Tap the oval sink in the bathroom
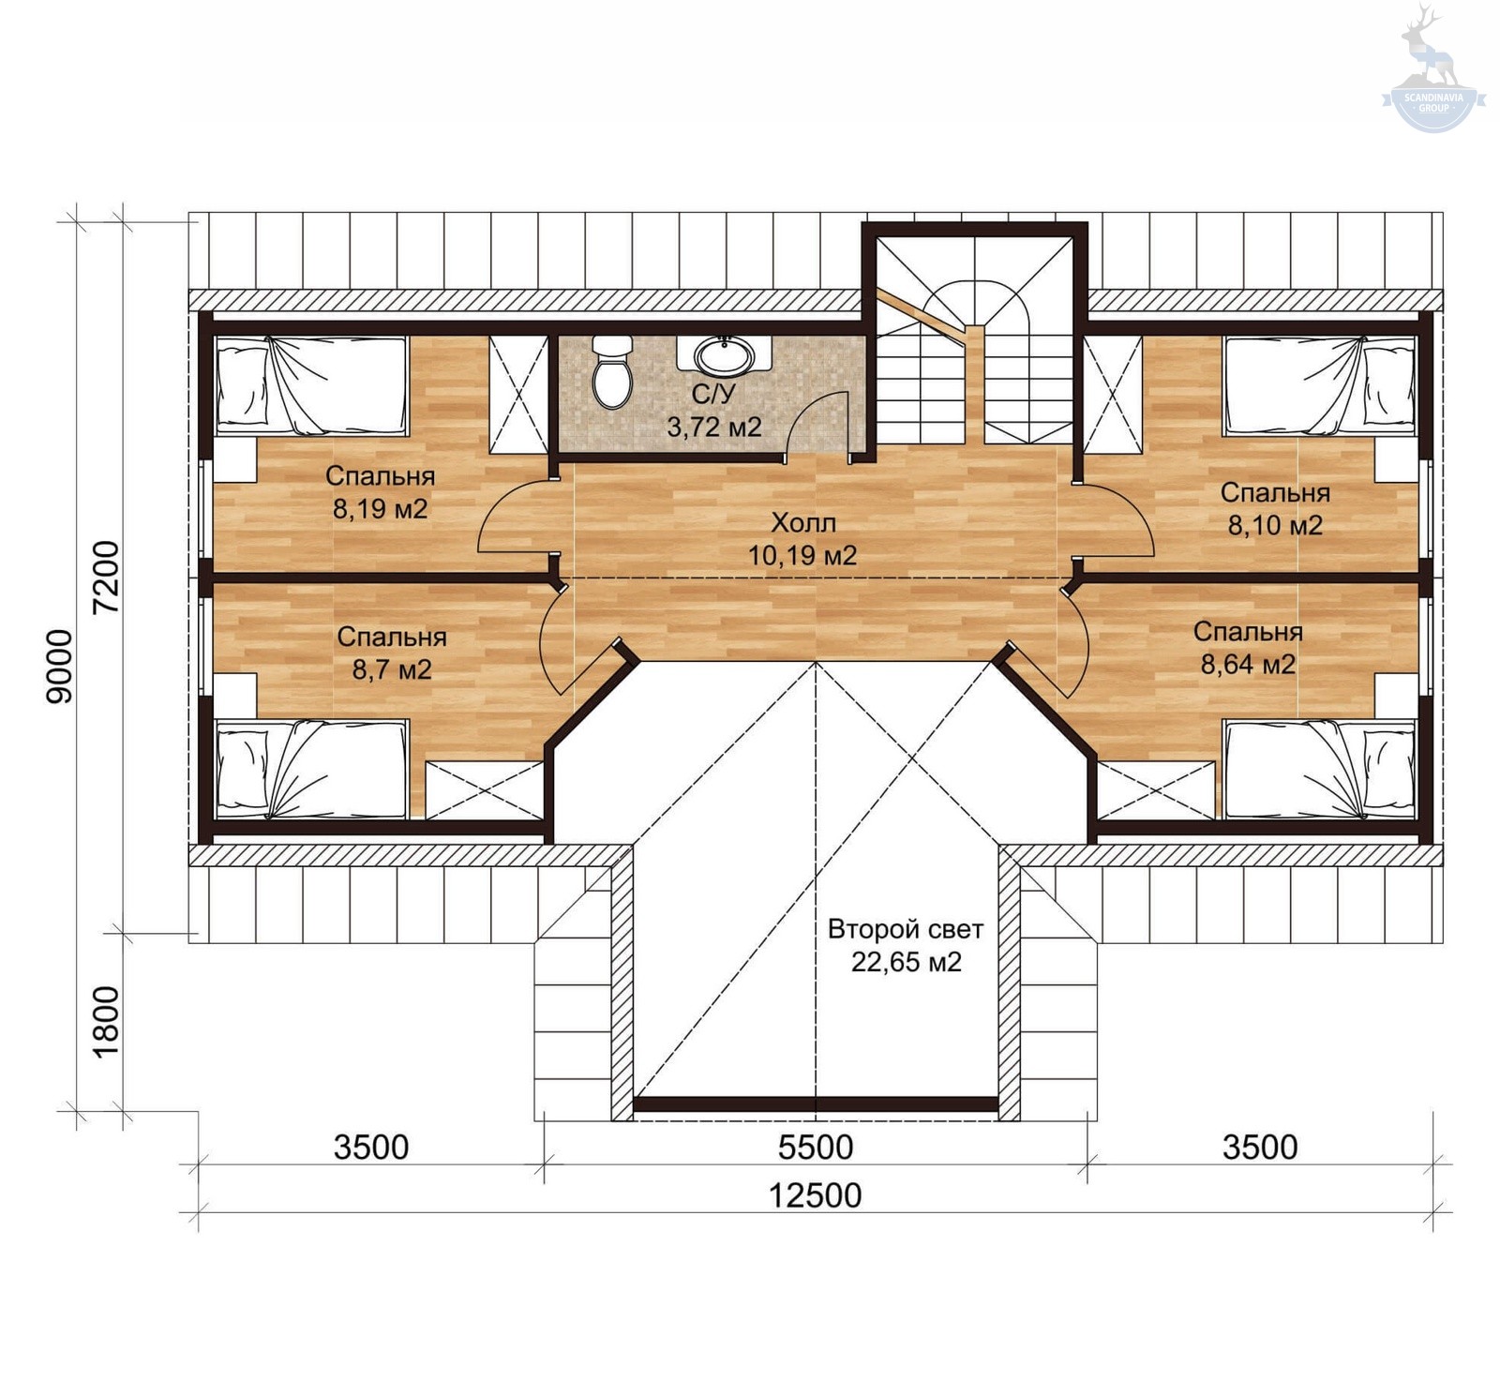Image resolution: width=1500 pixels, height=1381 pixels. click(x=724, y=355)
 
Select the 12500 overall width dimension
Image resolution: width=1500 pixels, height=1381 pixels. click(x=815, y=1195)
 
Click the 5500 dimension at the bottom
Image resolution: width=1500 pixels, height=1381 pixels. click(x=816, y=1147)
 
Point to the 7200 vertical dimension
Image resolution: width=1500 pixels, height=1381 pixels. click(x=106, y=577)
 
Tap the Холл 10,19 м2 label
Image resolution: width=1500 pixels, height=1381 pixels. click(x=802, y=539)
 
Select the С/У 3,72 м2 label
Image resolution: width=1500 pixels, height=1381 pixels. click(x=714, y=411)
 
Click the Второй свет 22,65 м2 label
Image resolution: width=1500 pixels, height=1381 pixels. click(x=906, y=946)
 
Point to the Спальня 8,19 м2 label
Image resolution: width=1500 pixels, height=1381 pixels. click(x=381, y=492)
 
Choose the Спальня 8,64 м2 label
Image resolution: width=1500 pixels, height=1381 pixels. click(x=1248, y=648)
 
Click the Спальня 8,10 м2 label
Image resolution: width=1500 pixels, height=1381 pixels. click(x=1275, y=509)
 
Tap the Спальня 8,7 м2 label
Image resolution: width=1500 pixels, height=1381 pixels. click(x=392, y=653)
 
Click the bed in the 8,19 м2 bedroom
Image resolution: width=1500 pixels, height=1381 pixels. click(x=312, y=385)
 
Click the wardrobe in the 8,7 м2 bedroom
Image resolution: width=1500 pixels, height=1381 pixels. click(x=485, y=790)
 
